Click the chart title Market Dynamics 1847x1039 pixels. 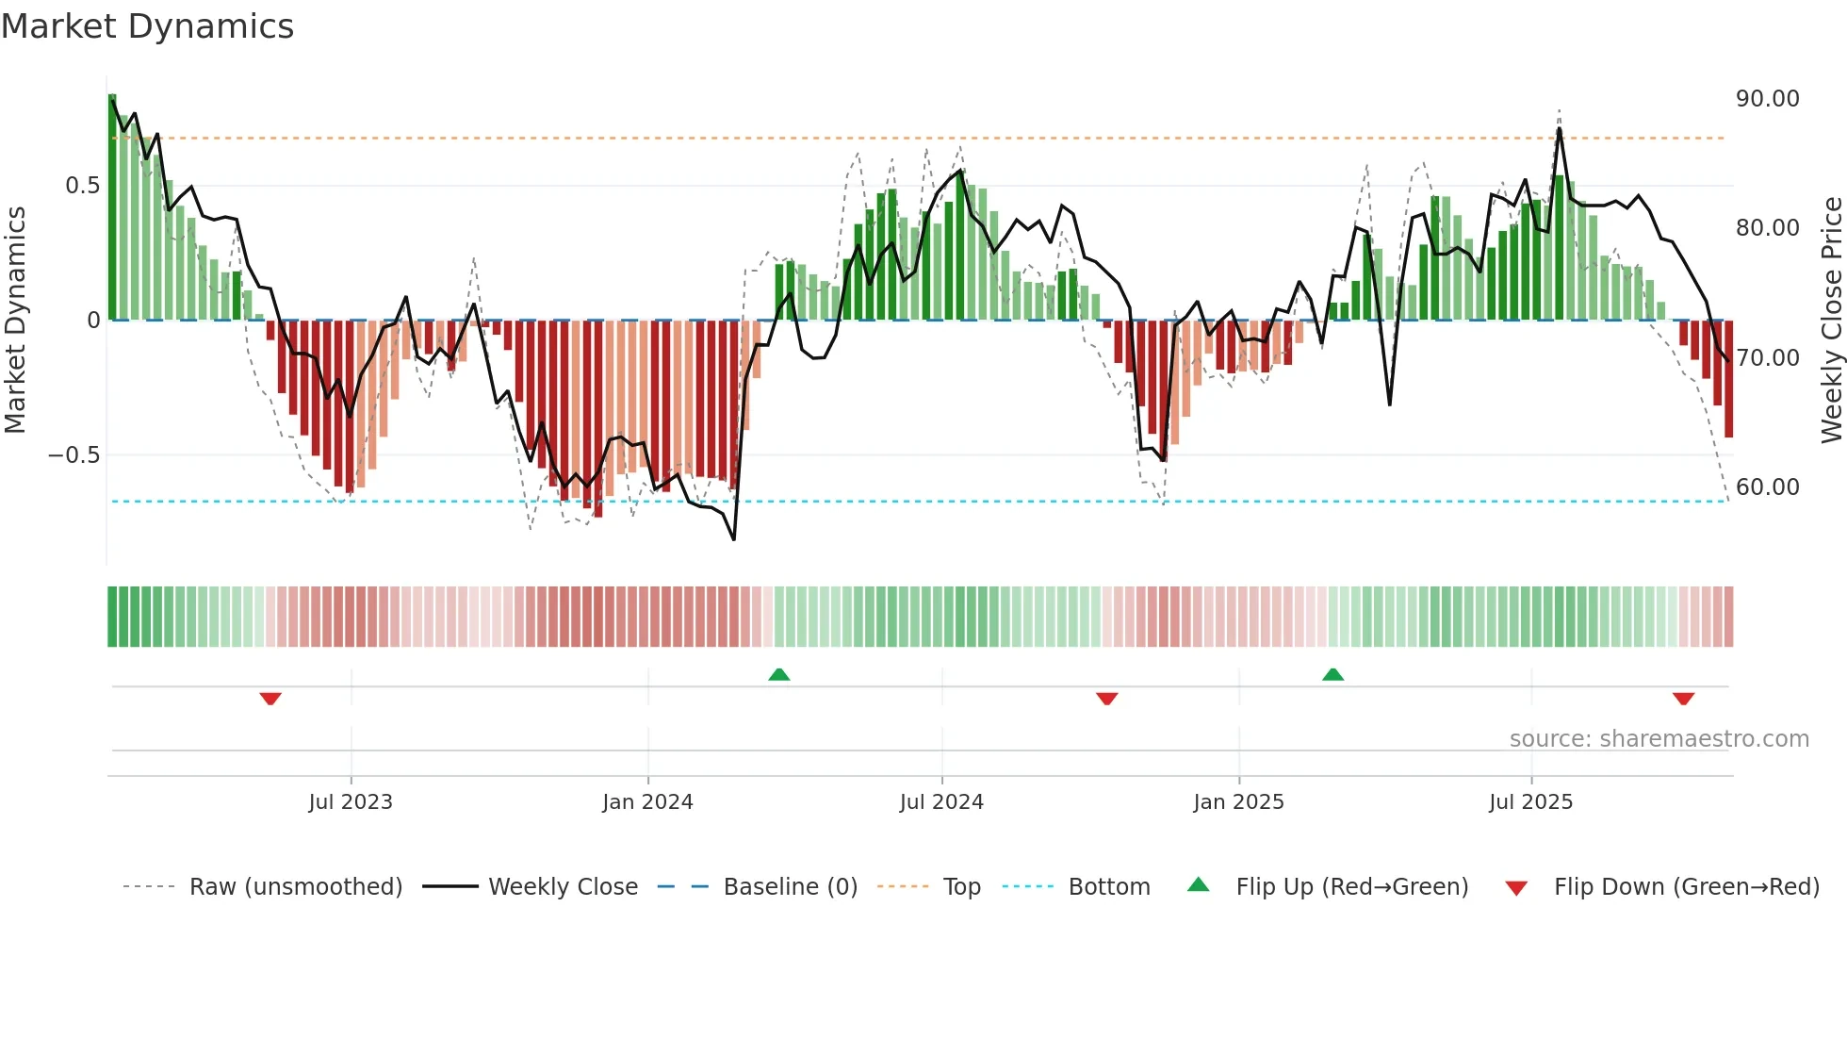[147, 26]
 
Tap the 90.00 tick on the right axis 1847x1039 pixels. [1767, 99]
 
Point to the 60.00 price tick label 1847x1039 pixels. [1767, 487]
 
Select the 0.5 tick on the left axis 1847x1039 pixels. [82, 186]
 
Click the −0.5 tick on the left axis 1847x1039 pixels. [74, 455]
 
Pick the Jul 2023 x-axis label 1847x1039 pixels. [350, 802]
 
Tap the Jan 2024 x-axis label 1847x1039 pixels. [647, 802]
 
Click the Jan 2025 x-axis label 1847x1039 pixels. [1238, 802]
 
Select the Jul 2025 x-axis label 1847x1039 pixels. [1530, 802]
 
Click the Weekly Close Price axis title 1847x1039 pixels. [1831, 321]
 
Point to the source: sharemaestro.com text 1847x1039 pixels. [1659, 739]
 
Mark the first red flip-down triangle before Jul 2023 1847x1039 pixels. [270, 699]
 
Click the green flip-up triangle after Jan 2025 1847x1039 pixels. [1332, 674]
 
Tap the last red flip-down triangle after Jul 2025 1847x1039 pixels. [1683, 699]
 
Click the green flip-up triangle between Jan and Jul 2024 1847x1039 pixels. [778, 674]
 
